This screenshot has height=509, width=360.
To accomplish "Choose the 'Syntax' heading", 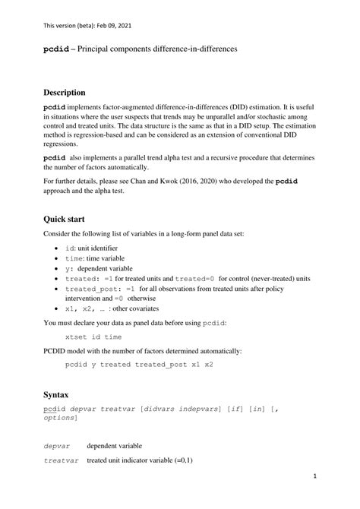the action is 55,395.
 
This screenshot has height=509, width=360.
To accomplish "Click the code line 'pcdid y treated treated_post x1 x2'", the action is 139,364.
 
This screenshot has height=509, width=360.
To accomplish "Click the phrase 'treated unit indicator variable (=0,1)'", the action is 140,460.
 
